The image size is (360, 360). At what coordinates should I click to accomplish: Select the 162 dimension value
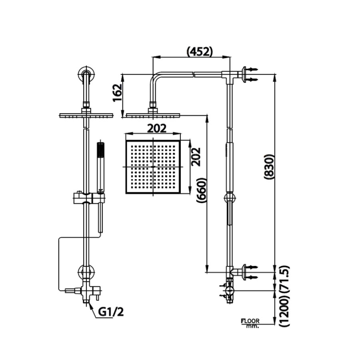coord(117,94)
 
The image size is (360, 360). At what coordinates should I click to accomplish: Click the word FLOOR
coord(250,321)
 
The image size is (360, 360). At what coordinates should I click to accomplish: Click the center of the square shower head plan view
coord(153,166)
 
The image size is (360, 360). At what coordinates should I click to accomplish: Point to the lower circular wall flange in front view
coord(86,273)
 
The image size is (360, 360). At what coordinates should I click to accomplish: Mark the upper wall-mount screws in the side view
coord(252,75)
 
